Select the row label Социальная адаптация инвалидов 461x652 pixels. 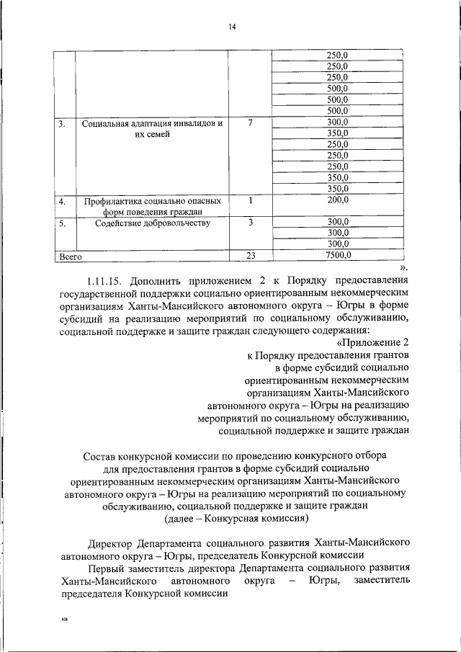152,124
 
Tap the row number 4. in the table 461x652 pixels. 63,201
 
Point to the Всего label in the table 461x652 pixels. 71,256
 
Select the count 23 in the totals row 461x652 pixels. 250,255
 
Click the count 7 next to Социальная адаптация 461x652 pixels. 250,123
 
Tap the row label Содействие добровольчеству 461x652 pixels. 152,223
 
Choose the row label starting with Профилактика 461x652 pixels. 152,201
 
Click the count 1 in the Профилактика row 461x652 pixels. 250,200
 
